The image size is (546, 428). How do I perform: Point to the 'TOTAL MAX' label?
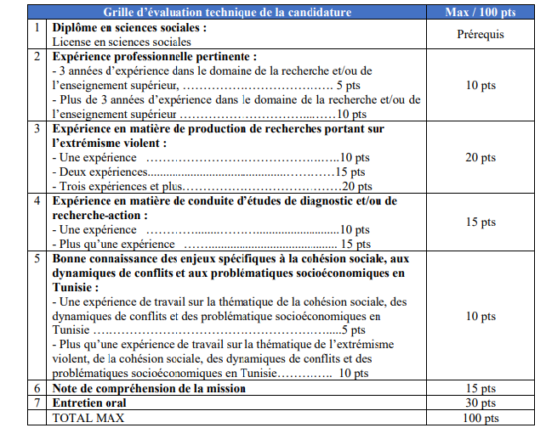[85, 417]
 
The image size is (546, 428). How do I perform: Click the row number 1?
[37, 28]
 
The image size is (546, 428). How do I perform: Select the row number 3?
[37, 129]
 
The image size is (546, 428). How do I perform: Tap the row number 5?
[37, 258]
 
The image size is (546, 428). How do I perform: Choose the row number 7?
[37, 403]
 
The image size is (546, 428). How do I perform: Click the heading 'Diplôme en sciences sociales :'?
[129, 28]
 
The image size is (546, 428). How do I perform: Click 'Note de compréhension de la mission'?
[150, 388]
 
